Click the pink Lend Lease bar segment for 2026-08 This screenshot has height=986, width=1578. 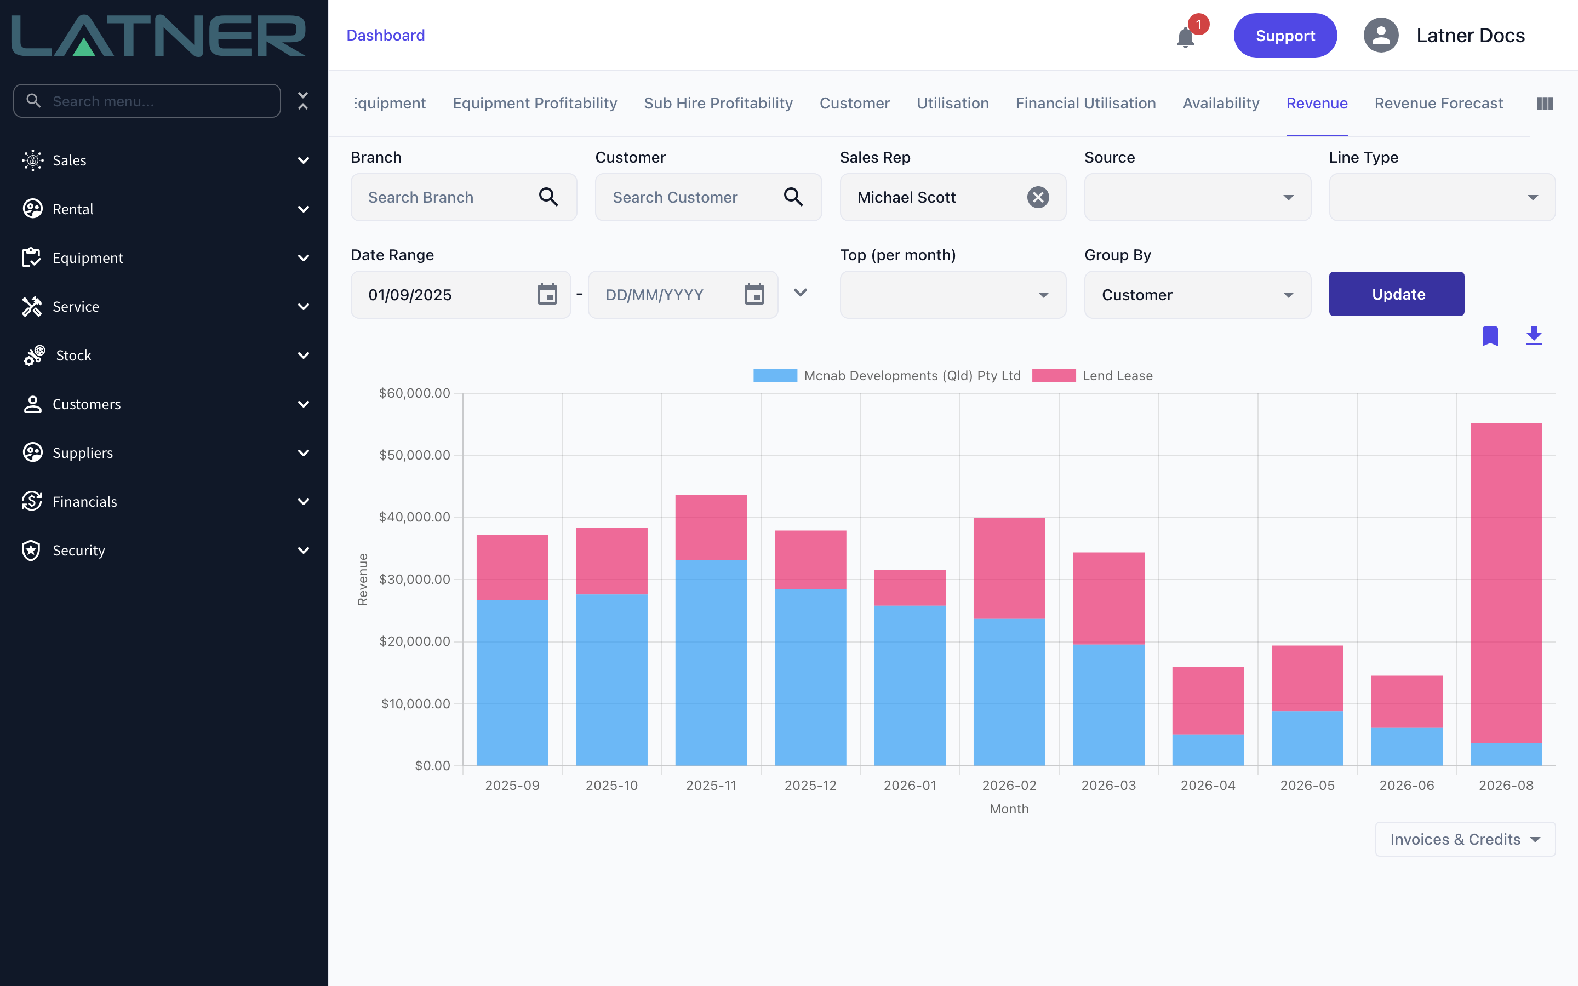(1506, 582)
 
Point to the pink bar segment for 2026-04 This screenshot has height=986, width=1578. (1208, 701)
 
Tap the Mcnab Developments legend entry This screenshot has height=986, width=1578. (887, 376)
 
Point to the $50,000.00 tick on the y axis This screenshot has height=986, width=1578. (415, 455)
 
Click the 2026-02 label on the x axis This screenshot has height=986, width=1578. (1009, 785)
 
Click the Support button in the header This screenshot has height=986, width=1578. (1284, 35)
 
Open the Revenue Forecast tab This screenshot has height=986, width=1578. (1438, 103)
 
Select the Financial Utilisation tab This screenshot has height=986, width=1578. (1085, 103)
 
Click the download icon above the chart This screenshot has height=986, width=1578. (1534, 336)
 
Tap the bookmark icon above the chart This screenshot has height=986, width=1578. (1490, 336)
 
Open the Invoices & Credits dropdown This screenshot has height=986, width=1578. (1465, 839)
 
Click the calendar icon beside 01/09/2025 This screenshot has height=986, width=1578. (547, 294)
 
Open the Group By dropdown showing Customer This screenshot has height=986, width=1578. (1197, 295)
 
